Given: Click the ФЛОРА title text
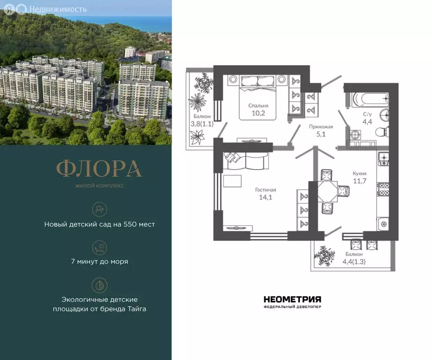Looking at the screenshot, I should [99, 169].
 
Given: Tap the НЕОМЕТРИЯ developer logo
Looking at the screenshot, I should [292, 299].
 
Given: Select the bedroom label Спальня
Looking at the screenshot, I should [258, 105].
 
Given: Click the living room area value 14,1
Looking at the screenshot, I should [265, 197].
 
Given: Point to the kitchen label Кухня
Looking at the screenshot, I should [359, 173].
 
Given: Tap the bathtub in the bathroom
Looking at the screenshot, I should [370, 99].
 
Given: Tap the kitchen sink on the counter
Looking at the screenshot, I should [383, 160].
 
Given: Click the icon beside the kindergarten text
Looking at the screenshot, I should [99, 209].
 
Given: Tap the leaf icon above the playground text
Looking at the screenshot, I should [99, 284].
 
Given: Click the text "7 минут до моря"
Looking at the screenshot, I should [99, 262].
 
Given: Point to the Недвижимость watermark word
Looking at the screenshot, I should [58, 9].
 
